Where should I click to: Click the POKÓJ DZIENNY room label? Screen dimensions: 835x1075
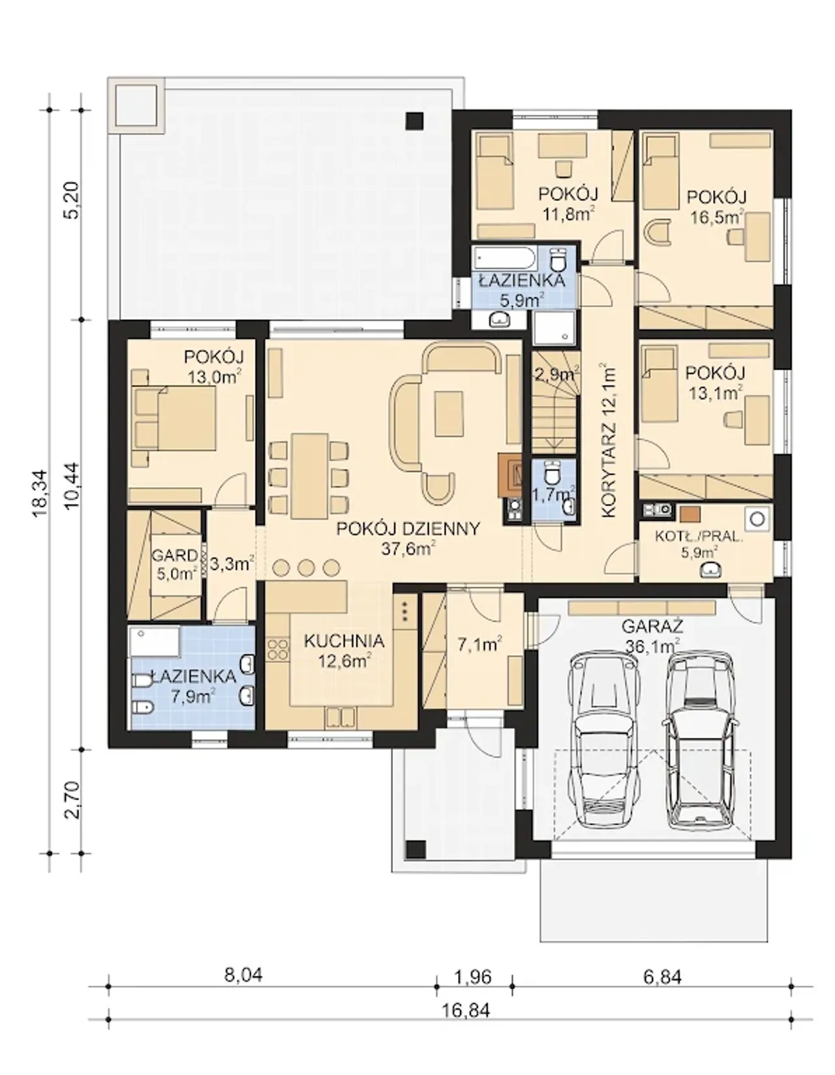(408, 529)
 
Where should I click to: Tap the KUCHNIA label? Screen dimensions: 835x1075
(344, 641)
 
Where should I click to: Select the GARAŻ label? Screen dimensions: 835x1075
(652, 626)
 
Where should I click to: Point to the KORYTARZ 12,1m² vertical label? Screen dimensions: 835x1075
(608, 440)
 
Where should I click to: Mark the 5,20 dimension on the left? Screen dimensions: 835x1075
(72, 200)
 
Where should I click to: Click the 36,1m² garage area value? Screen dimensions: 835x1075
(652, 646)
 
